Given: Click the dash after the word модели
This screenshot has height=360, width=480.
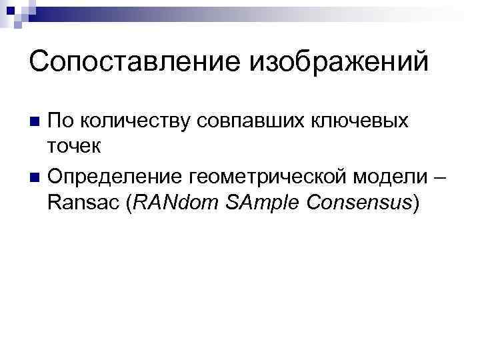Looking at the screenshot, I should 442,178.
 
